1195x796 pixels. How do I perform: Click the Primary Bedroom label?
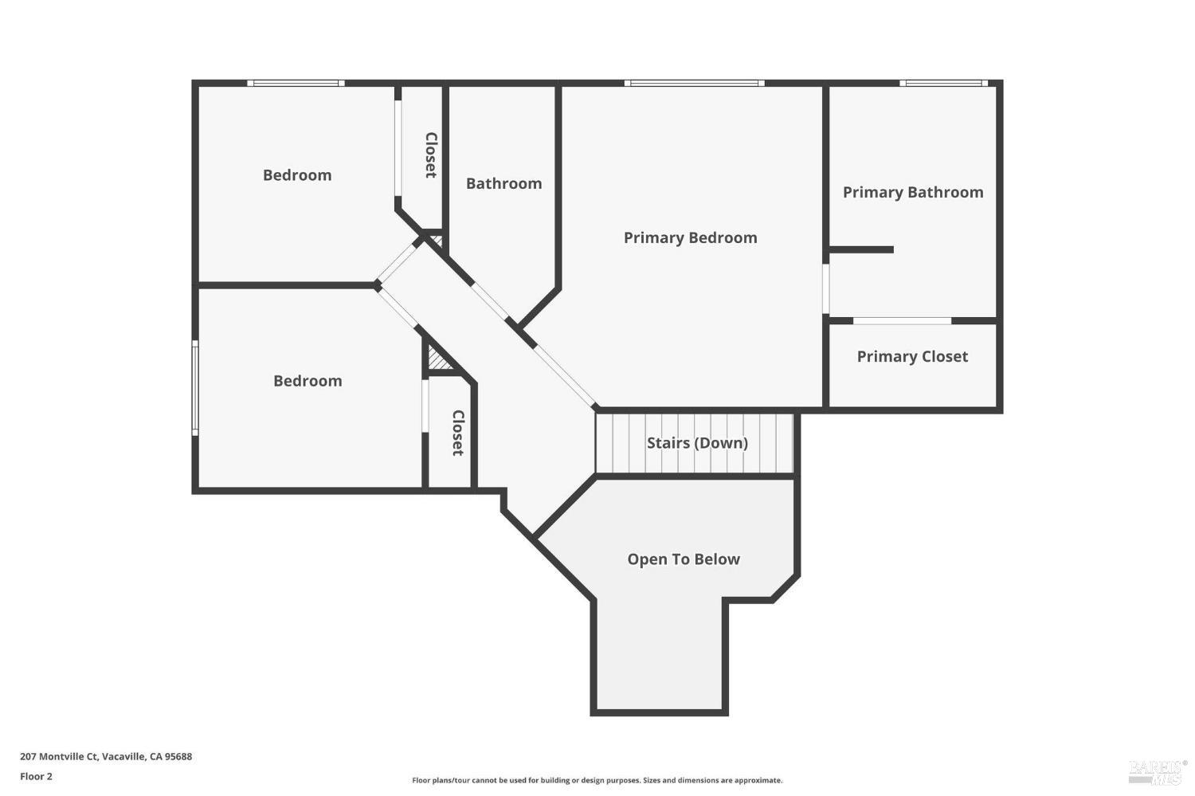point(690,237)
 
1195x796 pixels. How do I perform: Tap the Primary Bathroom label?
point(913,192)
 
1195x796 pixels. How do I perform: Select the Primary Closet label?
point(912,356)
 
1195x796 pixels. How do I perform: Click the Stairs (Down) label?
point(697,443)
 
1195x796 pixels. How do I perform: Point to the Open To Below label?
point(684,559)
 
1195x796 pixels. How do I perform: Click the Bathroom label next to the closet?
point(503,183)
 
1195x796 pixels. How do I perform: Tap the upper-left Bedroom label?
point(297,175)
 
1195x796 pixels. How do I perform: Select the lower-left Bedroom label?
point(308,381)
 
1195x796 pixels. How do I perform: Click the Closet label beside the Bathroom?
point(430,155)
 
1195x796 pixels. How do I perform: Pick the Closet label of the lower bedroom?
point(458,433)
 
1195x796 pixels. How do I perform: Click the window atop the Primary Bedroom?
point(694,83)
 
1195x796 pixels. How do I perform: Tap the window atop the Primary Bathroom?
point(943,83)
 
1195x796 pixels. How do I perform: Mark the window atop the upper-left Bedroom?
point(296,83)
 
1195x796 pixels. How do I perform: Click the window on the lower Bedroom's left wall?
point(195,388)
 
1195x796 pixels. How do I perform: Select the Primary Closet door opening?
point(902,321)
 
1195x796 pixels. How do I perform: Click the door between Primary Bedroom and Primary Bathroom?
point(826,288)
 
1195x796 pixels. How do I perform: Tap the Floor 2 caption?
point(36,776)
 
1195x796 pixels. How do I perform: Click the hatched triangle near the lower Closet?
point(437,359)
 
